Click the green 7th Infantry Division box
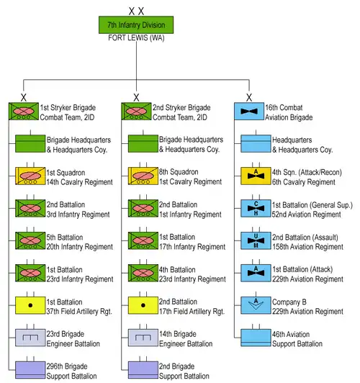(x=136, y=25)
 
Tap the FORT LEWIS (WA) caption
(x=136, y=38)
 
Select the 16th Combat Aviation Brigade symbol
(x=249, y=112)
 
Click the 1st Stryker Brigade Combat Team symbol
(x=24, y=112)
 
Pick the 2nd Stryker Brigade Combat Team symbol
(x=136, y=112)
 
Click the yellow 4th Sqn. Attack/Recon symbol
(x=256, y=176)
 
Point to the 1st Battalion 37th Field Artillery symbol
(x=30, y=305)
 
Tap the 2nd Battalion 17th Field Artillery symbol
(x=143, y=305)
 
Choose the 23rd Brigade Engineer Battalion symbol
(x=30, y=338)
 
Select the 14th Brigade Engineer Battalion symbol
(x=143, y=338)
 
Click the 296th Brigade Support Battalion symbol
(x=30, y=370)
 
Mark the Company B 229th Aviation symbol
(x=256, y=305)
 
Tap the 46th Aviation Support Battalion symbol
(x=256, y=338)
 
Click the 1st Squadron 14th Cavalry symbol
(x=30, y=176)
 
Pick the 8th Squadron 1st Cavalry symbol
(x=143, y=176)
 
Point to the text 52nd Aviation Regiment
(x=307, y=215)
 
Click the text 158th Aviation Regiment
(x=307, y=247)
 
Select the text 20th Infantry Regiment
(x=80, y=247)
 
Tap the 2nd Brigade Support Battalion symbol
(x=143, y=370)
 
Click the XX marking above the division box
(x=136, y=11)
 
